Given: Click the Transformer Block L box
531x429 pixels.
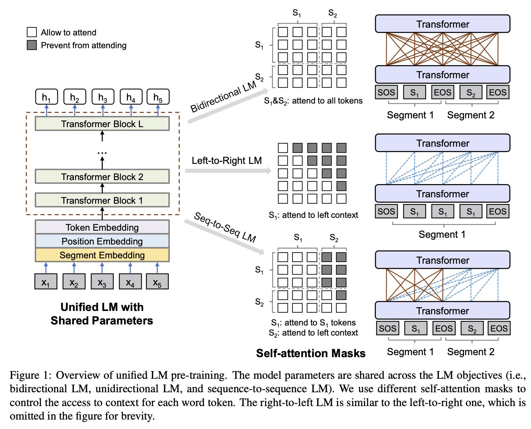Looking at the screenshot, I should pos(102,124).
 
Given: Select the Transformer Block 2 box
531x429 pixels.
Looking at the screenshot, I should pos(102,177).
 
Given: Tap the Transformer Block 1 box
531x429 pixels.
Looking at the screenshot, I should pos(102,200).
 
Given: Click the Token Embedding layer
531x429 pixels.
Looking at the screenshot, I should pos(102,227).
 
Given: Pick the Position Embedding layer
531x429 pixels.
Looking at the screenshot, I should pos(102,241).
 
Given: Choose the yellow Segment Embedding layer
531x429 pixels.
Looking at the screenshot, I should pos(102,255).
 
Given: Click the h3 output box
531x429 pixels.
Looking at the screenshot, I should pos(103,97).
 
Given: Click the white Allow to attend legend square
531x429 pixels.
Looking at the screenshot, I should pos(32,32).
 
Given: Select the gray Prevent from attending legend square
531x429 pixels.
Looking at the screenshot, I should pos(32,45).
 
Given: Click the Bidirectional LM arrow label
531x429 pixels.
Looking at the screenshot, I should pos(223,97).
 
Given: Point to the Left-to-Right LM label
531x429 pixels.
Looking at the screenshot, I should pos(227,161).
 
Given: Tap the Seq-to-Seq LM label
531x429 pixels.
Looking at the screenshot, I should pos(225,228).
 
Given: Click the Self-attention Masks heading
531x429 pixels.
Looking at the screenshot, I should pos(311,353).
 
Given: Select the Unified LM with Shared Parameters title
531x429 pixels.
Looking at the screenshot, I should pos(102,314).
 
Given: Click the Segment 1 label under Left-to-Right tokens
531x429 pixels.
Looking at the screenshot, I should pos(442,234).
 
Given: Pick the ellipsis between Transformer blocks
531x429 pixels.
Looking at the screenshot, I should pos(102,153).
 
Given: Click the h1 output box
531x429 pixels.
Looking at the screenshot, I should pos(47,97).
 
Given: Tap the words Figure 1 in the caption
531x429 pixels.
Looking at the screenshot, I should pos(30,375).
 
